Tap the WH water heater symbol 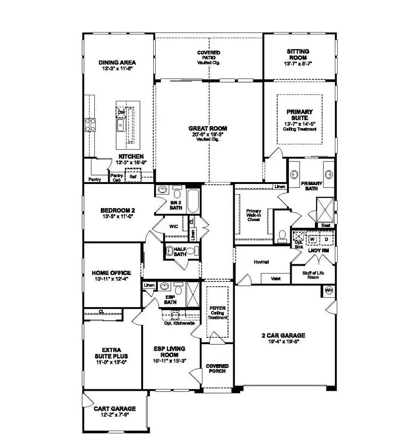pos(329,290)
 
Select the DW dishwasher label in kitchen pos(121,112)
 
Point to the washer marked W pos(313,239)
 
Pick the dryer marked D pos(326,239)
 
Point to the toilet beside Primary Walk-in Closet pos(281,236)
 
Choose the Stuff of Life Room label pos(313,275)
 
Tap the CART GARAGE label pos(115,409)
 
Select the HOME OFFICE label pos(111,273)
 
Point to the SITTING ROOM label pos(298,54)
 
